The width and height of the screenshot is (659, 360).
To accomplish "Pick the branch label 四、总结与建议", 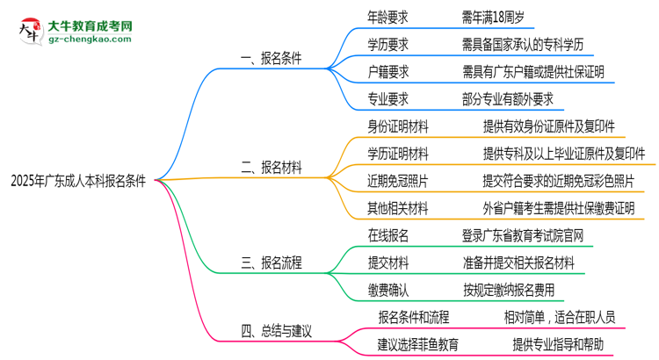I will (x=277, y=331).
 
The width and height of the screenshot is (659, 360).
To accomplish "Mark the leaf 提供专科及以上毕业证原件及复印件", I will (x=564, y=154).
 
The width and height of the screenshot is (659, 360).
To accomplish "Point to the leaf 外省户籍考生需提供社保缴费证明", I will (x=558, y=208).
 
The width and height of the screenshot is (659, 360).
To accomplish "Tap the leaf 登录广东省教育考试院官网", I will (x=522, y=235).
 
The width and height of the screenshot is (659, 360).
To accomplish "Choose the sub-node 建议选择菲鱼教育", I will (x=418, y=343).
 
